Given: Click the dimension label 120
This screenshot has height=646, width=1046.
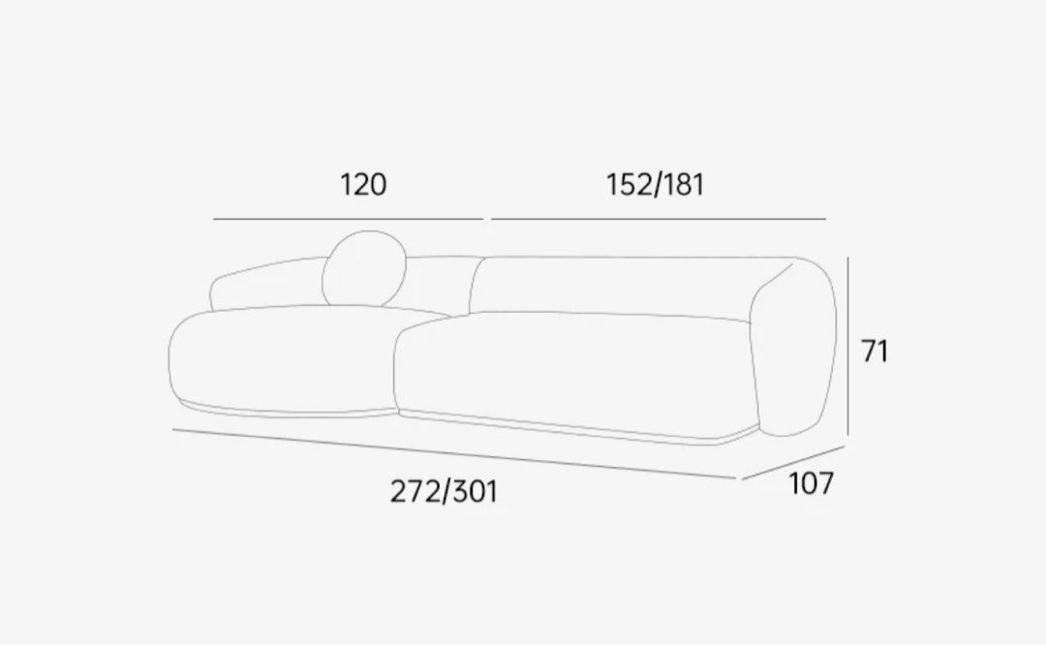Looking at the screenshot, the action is tap(363, 184).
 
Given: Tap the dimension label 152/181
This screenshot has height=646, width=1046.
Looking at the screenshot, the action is tap(655, 184).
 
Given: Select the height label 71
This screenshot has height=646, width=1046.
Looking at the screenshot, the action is tap(875, 351).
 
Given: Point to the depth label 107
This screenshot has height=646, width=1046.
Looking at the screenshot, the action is tap(812, 483).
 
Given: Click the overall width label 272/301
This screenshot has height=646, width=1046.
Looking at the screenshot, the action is tap(444, 492).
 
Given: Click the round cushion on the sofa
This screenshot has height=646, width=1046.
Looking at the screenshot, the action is tap(364, 269).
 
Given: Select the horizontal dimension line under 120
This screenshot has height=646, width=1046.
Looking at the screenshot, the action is tap(349, 219).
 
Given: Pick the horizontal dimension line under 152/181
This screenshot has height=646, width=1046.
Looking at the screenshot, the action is tap(659, 219).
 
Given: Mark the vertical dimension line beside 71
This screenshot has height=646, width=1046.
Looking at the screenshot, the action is tap(847, 346).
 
